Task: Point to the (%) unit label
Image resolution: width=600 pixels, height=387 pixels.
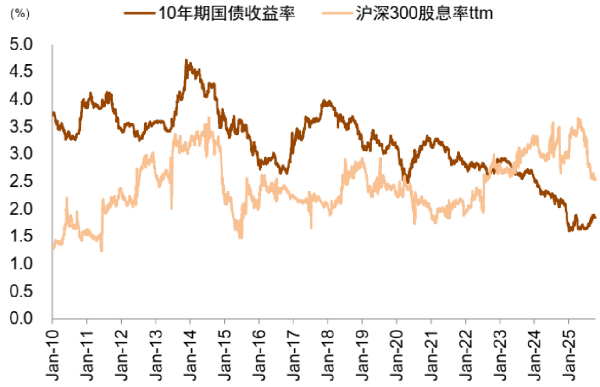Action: point(19,14)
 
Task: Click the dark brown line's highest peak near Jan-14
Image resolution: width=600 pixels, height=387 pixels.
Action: point(186,60)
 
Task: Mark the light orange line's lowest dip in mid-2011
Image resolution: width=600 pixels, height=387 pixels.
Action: point(101,251)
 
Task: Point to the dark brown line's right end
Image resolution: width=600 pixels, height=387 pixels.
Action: point(595,217)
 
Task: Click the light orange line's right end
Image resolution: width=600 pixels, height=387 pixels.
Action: point(595,179)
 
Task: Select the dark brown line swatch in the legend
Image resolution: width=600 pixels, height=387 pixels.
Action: point(140,14)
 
